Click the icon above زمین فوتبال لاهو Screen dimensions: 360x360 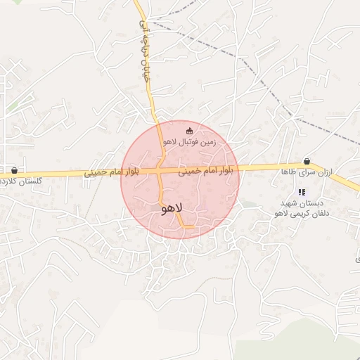(x=189, y=131)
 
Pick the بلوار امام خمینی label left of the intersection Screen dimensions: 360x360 (x=112, y=172)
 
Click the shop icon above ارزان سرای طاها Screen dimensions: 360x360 (x=306, y=161)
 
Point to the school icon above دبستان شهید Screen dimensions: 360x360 (x=302, y=192)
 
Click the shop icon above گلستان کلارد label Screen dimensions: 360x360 (x=14, y=170)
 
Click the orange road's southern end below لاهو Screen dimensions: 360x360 (x=190, y=226)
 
